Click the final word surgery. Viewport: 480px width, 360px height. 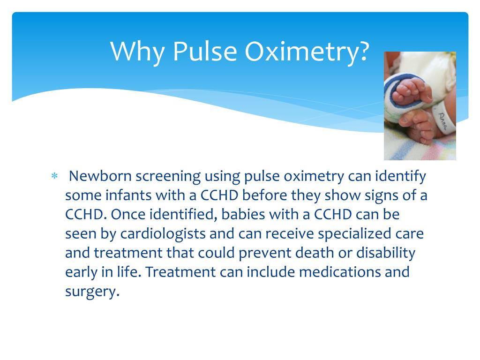click(92, 292)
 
